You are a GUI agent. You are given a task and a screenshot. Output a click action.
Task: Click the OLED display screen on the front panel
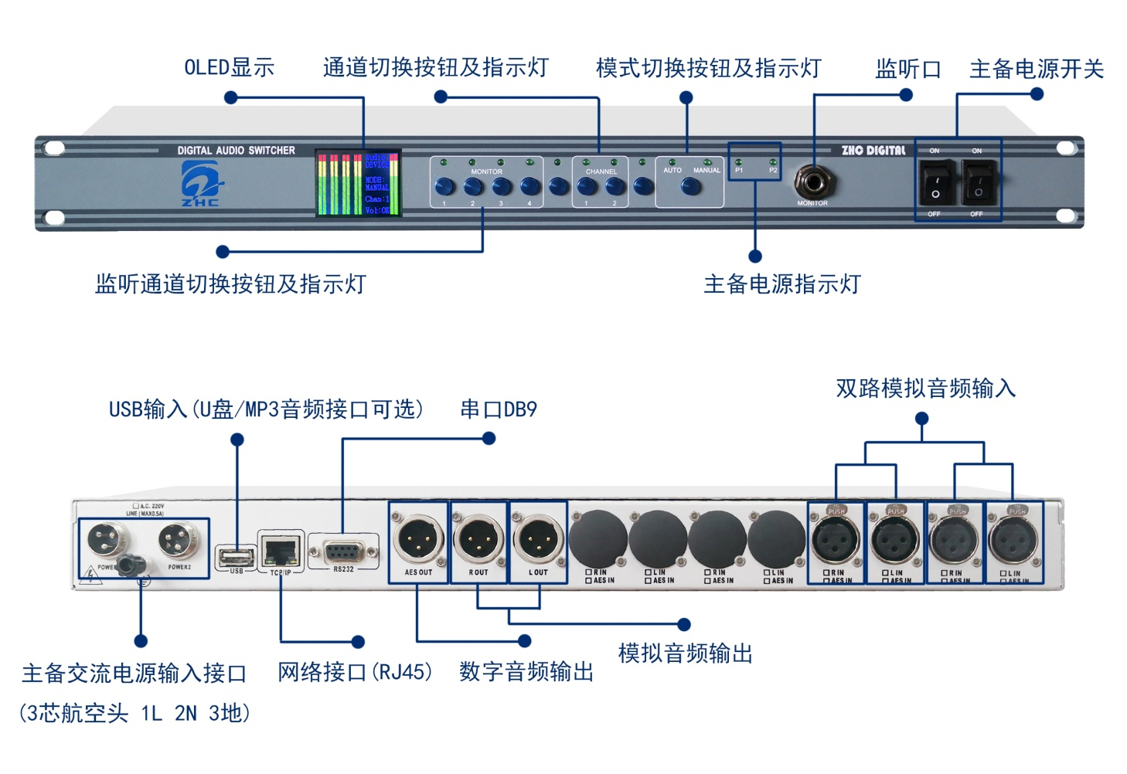pyautogui.click(x=358, y=183)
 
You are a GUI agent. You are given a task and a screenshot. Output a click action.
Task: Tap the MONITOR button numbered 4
pyautogui.click(x=529, y=186)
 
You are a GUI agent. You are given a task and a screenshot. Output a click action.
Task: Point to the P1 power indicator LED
pyautogui.click(x=738, y=162)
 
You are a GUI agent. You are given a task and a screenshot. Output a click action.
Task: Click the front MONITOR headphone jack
pyautogui.click(x=812, y=183)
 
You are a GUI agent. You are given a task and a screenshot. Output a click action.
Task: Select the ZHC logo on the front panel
pyautogui.click(x=200, y=184)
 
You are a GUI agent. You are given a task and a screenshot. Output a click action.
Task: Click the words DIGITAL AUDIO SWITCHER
pyautogui.click(x=236, y=151)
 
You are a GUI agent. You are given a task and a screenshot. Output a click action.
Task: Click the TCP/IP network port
pyautogui.click(x=281, y=551)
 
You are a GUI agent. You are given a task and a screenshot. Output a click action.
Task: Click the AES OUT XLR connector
pyautogui.click(x=418, y=539)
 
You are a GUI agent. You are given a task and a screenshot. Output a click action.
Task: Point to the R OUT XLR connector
pyautogui.click(x=478, y=539)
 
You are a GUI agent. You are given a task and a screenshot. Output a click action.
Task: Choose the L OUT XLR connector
pyautogui.click(x=538, y=539)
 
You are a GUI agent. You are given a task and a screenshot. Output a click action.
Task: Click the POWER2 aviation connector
pyautogui.click(x=179, y=540)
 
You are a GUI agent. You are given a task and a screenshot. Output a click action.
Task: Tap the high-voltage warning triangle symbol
pyautogui.click(x=91, y=575)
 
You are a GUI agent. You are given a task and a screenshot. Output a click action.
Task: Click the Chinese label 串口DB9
pyautogui.click(x=499, y=409)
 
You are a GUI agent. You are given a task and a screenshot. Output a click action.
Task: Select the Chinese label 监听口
pyautogui.click(x=907, y=70)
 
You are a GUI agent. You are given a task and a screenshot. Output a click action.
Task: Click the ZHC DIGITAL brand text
pyautogui.click(x=873, y=151)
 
